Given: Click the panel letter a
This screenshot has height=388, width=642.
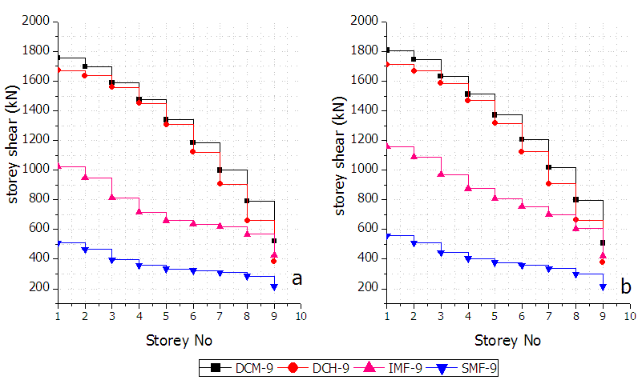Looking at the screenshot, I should (297, 278).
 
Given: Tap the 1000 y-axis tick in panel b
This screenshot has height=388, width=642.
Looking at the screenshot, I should (365, 170).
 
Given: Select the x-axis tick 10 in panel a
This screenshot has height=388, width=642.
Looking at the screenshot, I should (301, 316).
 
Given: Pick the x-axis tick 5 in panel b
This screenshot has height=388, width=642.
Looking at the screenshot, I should (494, 316).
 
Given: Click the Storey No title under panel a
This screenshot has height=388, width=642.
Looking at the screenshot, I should (179, 340).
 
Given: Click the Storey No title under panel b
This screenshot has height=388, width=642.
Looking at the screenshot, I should (507, 340).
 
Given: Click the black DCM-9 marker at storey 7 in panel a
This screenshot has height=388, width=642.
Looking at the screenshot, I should (220, 170).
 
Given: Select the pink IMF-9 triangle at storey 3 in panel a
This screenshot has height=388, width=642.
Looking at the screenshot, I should (111, 197).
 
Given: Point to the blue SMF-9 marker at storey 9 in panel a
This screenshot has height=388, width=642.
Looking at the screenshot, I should (274, 286).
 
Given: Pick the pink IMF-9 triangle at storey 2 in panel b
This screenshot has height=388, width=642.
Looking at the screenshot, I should (414, 156).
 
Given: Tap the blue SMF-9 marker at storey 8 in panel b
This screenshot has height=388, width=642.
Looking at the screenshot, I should (575, 274).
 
